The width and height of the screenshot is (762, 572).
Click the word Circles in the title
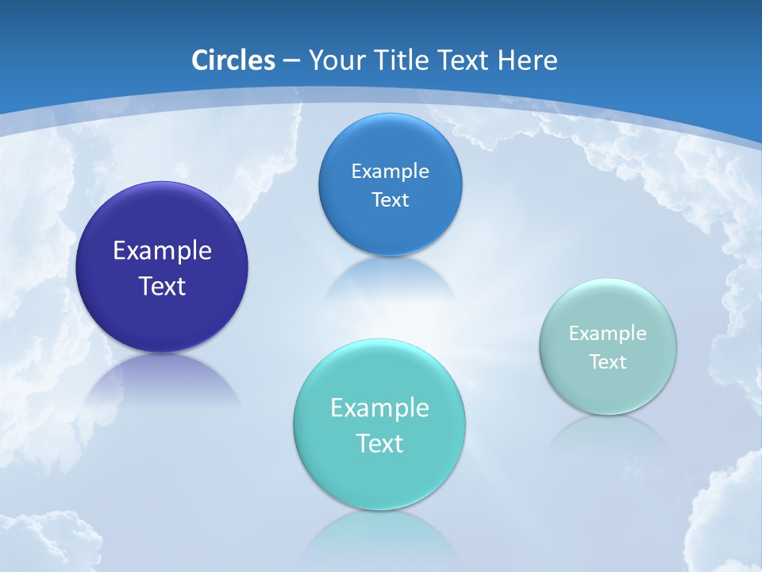(x=233, y=60)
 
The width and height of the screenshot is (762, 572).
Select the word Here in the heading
(x=529, y=60)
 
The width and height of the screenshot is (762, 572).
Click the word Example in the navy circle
(x=162, y=251)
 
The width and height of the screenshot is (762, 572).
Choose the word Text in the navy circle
(x=162, y=286)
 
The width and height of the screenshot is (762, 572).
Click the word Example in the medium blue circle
(x=390, y=172)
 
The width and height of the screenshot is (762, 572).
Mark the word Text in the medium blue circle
(x=390, y=200)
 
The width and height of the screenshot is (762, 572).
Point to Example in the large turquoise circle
(x=379, y=408)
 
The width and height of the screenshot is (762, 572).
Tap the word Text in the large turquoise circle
(x=379, y=443)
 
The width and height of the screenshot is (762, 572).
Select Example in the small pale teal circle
(x=608, y=334)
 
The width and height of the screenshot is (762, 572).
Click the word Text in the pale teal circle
(x=608, y=362)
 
